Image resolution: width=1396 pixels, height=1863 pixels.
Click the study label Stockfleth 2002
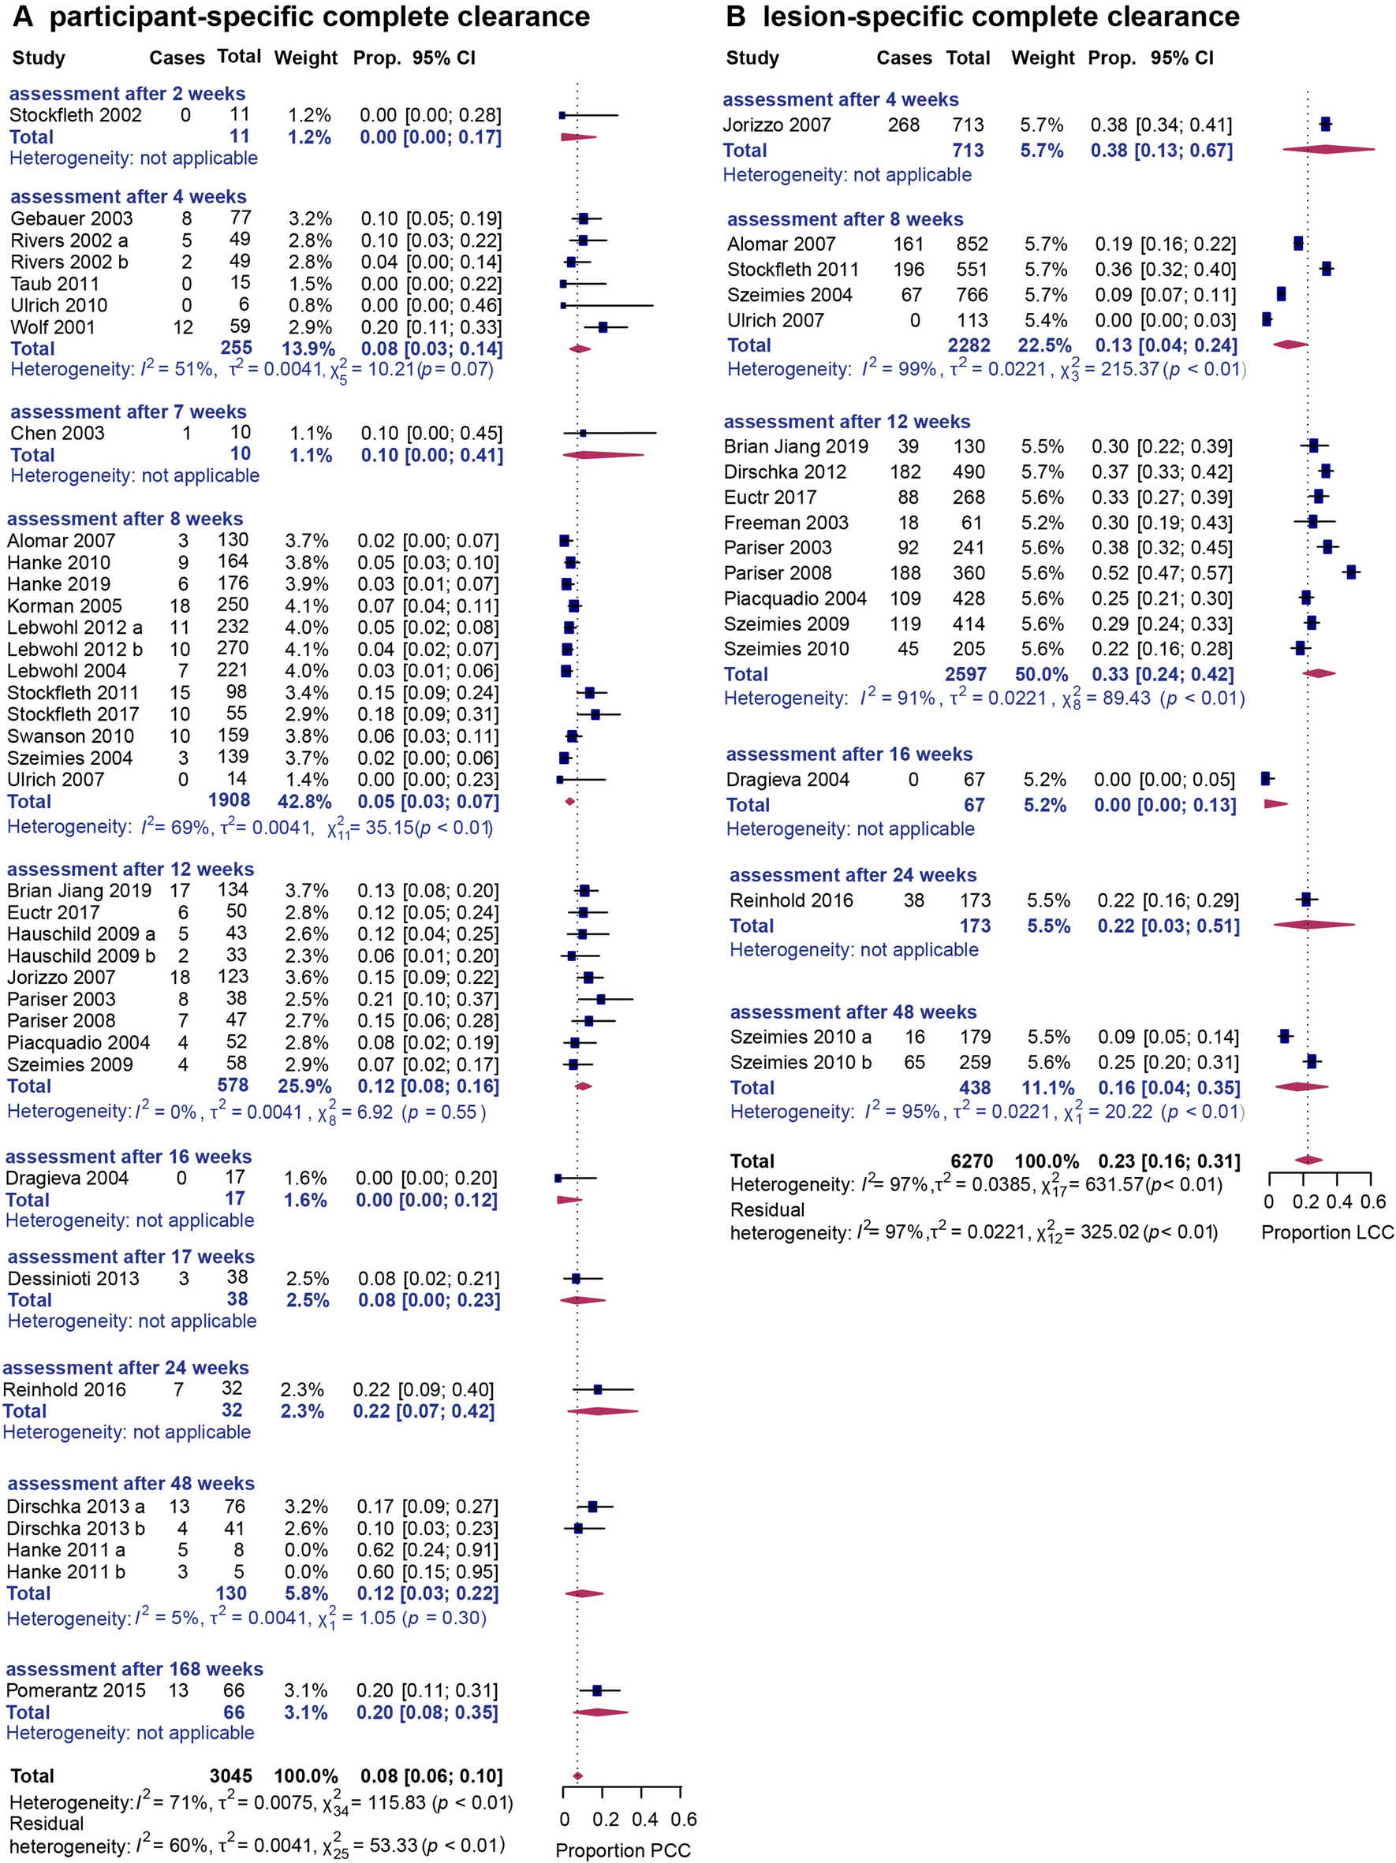pos(75,114)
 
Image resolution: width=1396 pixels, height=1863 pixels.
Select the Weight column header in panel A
pos(305,58)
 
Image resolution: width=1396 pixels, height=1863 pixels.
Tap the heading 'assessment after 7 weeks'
pos(128,412)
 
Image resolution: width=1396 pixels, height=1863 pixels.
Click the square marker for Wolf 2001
pos(603,326)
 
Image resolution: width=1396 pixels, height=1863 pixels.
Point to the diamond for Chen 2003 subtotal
pos(603,456)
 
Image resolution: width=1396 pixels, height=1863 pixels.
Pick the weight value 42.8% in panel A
pos(305,802)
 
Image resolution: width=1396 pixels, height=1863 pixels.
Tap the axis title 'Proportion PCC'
pos(622,1850)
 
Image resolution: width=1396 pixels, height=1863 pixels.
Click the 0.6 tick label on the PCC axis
pos(684,1819)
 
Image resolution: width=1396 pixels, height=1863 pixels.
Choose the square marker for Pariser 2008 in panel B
pos(1351,572)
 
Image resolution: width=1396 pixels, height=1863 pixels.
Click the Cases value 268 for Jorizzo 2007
pos(903,125)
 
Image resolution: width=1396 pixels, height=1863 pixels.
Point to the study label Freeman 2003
pos(786,523)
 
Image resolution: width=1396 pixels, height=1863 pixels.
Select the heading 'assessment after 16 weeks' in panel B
pos(849,755)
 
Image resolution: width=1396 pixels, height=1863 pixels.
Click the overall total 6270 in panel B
pos(972,1161)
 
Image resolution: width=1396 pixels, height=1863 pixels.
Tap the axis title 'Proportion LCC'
pos(1327,1233)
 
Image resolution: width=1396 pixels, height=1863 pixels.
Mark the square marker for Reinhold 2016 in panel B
pos(1306,900)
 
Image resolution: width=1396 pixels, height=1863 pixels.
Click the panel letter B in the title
pos(736,17)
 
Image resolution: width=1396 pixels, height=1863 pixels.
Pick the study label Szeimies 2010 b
pos(800,1063)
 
